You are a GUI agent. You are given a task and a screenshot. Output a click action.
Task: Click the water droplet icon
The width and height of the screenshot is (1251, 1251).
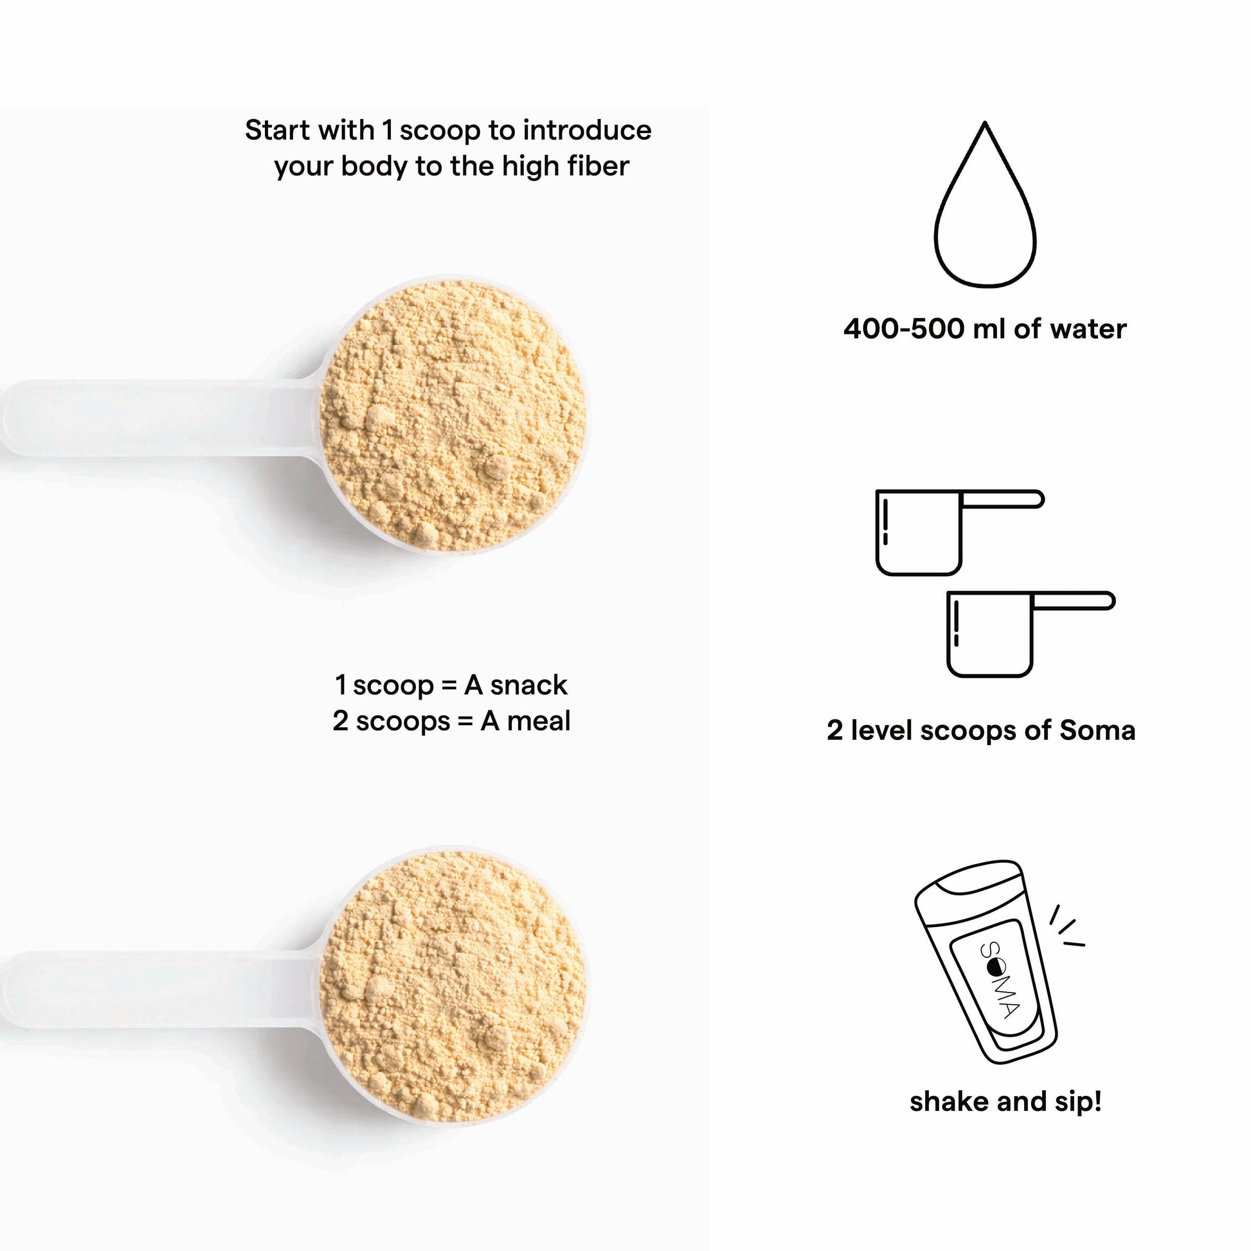985,204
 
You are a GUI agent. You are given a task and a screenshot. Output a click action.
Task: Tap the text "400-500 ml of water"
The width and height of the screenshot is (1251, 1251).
985,329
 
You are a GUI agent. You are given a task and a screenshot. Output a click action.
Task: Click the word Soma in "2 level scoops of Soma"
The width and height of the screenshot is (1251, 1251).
1097,730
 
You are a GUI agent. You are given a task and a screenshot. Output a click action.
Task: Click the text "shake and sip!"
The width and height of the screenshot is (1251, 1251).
1005,1101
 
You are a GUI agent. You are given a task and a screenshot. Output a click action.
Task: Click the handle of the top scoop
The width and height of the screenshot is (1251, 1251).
159,418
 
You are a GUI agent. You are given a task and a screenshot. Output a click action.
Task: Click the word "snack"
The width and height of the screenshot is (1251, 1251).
528,685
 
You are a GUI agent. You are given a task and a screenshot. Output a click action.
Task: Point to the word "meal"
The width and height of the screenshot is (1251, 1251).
539,721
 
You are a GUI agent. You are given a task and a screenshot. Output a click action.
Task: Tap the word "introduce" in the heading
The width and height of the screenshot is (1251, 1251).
588,130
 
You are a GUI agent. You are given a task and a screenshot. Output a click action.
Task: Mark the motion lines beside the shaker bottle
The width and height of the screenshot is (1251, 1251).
1066,926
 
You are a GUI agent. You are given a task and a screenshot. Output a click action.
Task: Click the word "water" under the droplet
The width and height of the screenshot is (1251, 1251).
1088,330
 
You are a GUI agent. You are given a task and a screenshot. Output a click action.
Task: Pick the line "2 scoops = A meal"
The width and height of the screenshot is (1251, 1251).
451,721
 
